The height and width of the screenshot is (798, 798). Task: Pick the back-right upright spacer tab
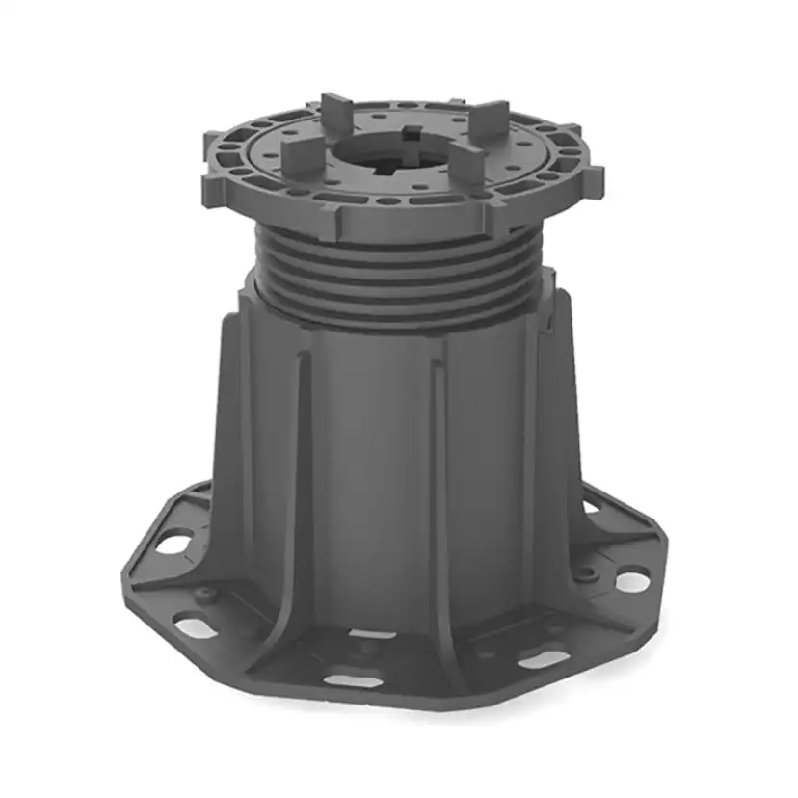coord(492,117)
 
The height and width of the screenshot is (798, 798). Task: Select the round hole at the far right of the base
coord(632,581)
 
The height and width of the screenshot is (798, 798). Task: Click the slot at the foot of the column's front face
coord(372,634)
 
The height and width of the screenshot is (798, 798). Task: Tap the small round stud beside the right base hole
coord(584,575)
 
